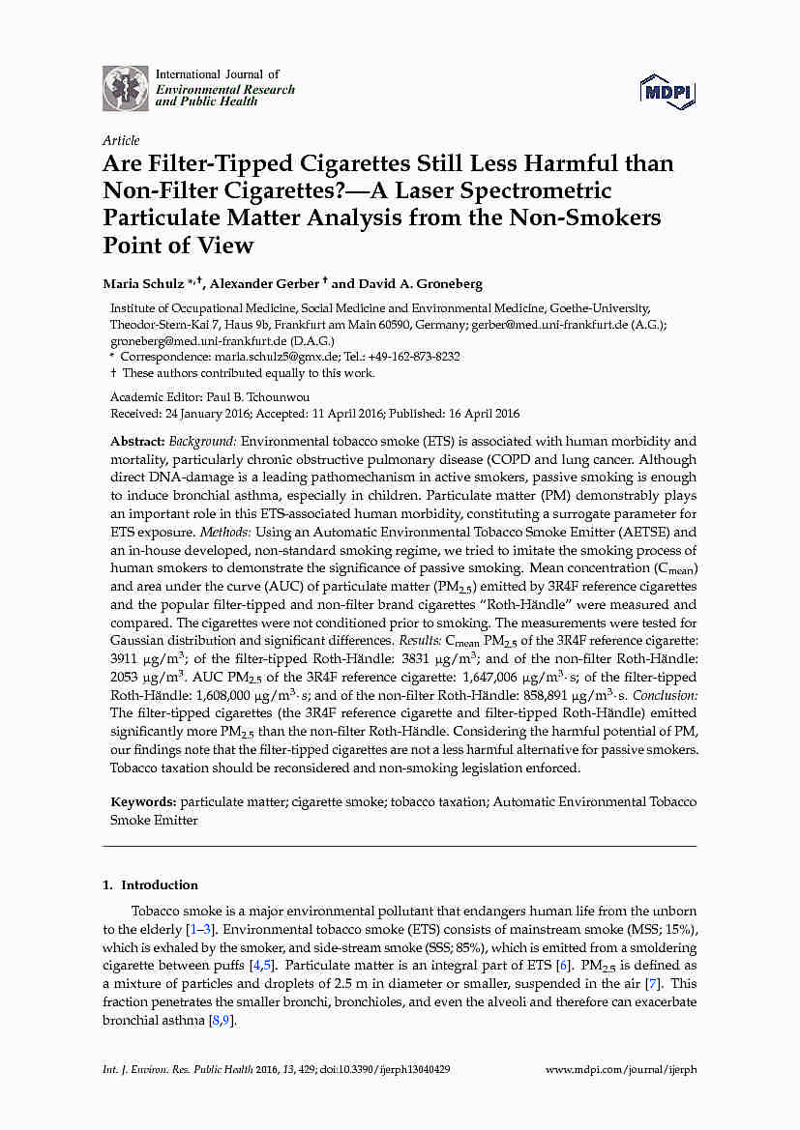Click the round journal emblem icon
(126, 88)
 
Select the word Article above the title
(121, 140)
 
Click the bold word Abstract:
(138, 441)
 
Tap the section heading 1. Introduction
(150, 884)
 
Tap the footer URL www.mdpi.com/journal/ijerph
(621, 1070)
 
